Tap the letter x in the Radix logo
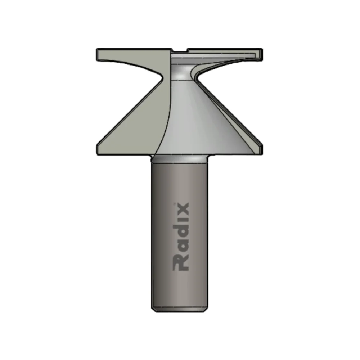[180, 210]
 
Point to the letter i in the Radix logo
[180, 222]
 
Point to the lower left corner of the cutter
[98, 151]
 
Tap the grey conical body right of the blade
[202, 122]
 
